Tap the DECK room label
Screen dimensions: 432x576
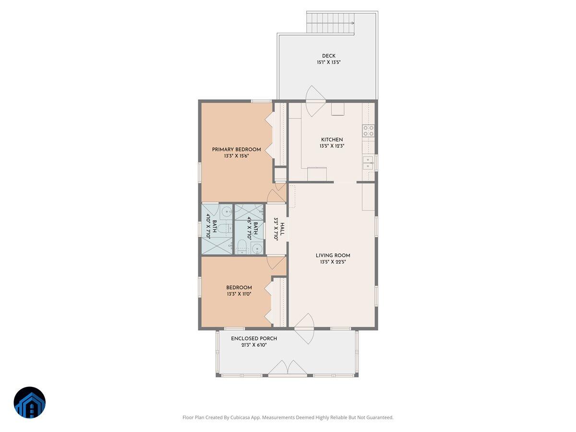tap(329, 56)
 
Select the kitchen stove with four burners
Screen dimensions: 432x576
tap(369, 131)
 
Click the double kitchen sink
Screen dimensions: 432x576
tap(368, 163)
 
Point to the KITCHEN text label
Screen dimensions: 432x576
tap(332, 140)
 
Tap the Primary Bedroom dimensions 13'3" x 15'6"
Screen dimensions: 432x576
tap(236, 156)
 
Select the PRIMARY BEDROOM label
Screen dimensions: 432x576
tap(236, 149)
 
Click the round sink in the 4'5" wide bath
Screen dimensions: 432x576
tap(257, 249)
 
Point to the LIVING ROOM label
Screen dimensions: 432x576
tap(333, 255)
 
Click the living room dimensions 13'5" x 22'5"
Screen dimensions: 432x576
tap(333, 262)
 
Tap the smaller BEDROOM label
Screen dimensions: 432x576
tap(239, 288)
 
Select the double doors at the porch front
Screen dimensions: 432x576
tap(287, 368)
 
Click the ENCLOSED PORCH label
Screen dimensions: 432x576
tap(254, 338)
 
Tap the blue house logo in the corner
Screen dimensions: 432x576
tap(30, 402)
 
